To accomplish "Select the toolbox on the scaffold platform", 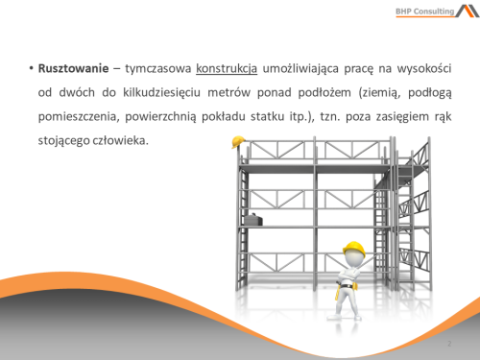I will tap(252, 220).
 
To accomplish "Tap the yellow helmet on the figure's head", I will tap(355, 248).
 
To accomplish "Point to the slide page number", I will tap(449, 343).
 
